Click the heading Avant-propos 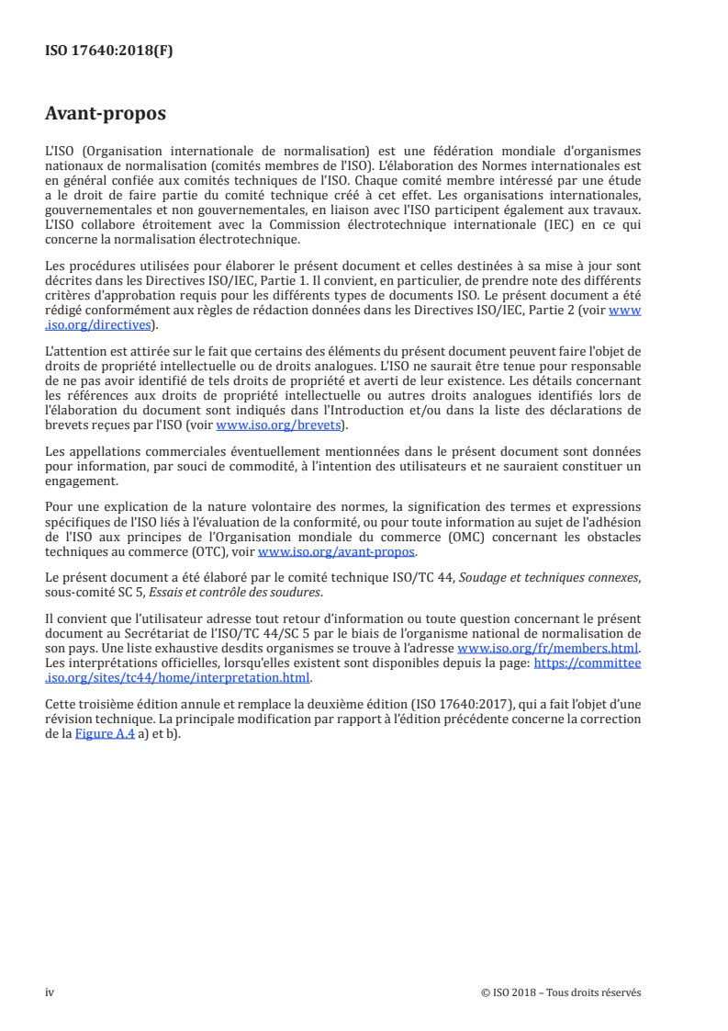(x=106, y=114)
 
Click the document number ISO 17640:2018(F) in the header (x=109, y=51)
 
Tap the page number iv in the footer (x=50, y=992)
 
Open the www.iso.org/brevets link (x=278, y=425)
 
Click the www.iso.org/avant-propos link (x=337, y=551)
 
